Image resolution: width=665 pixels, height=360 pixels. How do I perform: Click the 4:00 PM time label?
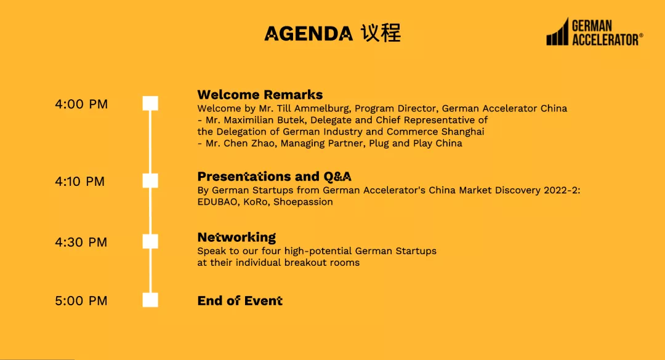pyautogui.click(x=81, y=104)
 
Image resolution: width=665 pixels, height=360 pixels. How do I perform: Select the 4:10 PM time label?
pyautogui.click(x=79, y=182)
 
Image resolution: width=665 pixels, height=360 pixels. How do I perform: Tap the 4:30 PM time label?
pyautogui.click(x=81, y=242)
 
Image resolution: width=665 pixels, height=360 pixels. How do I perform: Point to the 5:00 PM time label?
pyautogui.click(x=81, y=301)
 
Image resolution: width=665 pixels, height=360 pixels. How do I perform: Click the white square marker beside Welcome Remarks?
pyautogui.click(x=150, y=103)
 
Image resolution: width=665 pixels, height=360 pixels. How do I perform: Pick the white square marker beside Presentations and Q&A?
pyautogui.click(x=150, y=181)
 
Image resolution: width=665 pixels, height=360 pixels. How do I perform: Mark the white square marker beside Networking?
pyautogui.click(x=150, y=242)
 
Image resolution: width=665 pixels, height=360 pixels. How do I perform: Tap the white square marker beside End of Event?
pyautogui.click(x=150, y=300)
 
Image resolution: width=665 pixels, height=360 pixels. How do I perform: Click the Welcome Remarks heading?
pyautogui.click(x=260, y=95)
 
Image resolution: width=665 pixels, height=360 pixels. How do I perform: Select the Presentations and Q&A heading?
pyautogui.click(x=275, y=177)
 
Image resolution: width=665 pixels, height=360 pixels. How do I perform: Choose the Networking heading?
pyautogui.click(x=236, y=238)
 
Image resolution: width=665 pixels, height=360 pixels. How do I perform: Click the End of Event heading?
pyautogui.click(x=240, y=301)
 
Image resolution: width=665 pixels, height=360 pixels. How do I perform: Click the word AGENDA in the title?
pyautogui.click(x=308, y=34)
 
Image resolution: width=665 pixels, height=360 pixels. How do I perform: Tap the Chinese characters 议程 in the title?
pyautogui.click(x=381, y=33)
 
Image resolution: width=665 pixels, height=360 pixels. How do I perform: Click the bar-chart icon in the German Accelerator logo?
pyautogui.click(x=557, y=32)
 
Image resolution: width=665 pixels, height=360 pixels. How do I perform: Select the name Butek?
pyautogui.click(x=291, y=120)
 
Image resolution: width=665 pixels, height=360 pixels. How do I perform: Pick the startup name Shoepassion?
pyautogui.click(x=303, y=202)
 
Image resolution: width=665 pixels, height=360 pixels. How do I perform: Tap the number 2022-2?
pyautogui.click(x=561, y=190)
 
